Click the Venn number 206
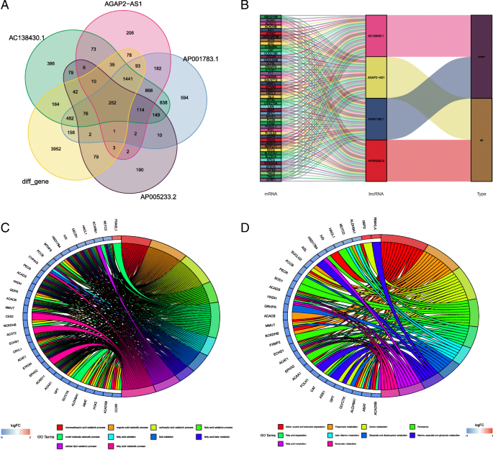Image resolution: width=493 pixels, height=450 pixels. point(130,33)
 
